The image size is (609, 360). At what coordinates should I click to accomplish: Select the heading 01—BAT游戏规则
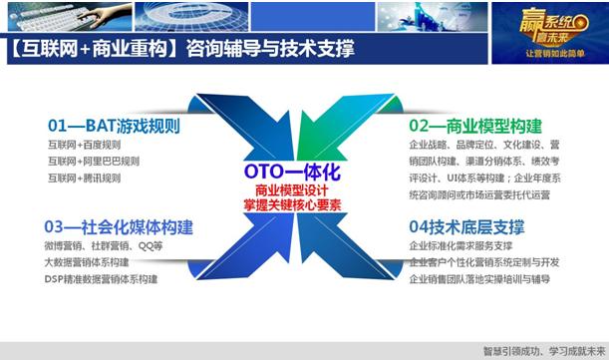point(107,126)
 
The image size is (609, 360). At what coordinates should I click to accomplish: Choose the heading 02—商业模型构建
point(476,126)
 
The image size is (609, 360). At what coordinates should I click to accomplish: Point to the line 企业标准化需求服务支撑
point(460,245)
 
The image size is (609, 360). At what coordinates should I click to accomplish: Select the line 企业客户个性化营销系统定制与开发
point(484,262)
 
